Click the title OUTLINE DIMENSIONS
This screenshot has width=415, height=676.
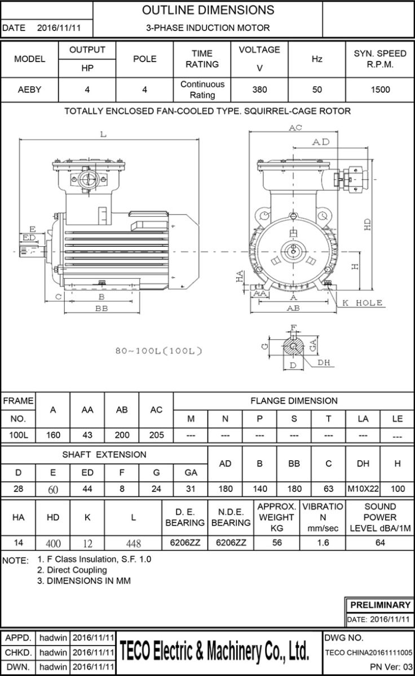pos(208,10)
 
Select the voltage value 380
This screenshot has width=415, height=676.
pos(259,89)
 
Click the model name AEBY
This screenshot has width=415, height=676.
pos(29,89)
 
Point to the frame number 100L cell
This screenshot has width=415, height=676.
pos(18,435)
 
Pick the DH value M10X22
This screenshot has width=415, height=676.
pos(363,488)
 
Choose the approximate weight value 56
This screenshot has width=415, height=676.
pos(276,542)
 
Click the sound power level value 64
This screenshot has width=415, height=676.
pos(379,542)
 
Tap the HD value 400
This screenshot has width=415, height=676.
pos(53,543)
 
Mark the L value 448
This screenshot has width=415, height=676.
pos(133,543)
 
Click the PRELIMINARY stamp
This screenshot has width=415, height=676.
pos(381,605)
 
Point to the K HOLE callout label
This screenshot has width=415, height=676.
pos(362,303)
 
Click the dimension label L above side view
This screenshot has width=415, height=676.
pos(103,134)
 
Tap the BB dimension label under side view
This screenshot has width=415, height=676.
pos(101,309)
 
